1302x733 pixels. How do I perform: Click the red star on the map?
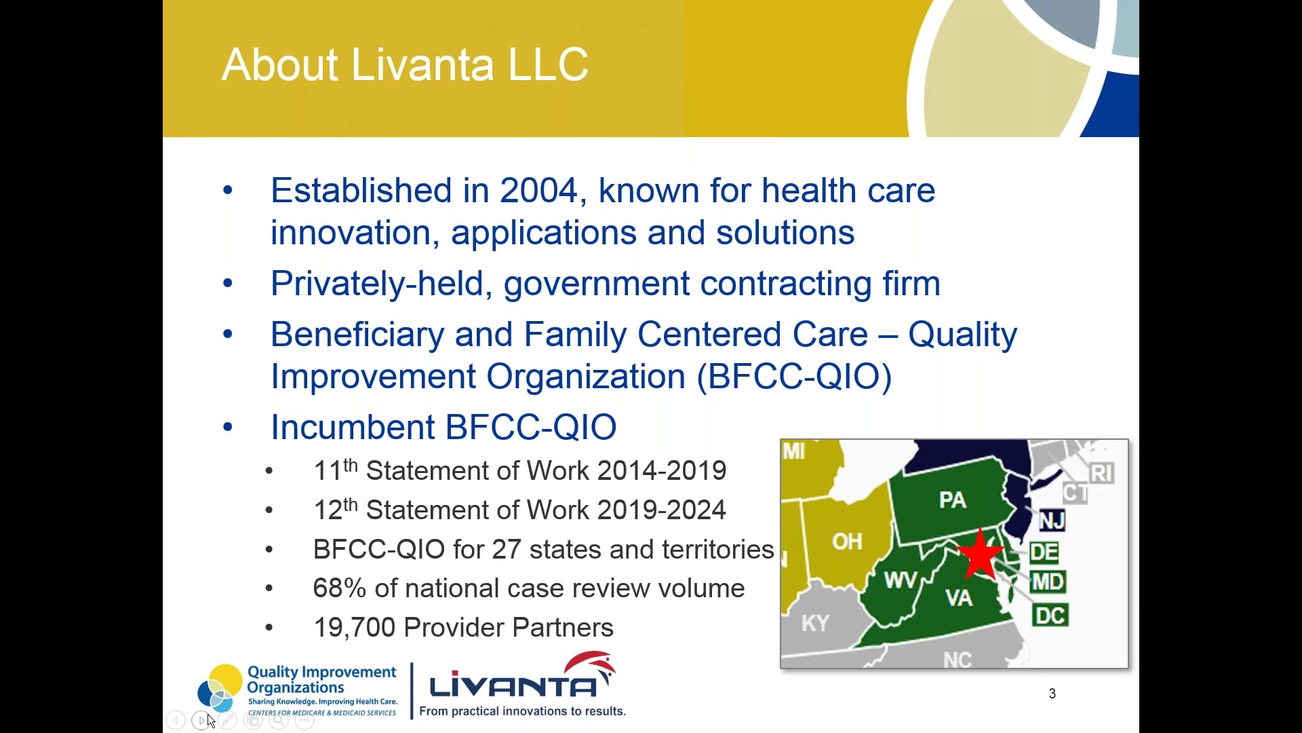pyautogui.click(x=981, y=555)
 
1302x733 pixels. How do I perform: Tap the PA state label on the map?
pyautogui.click(x=952, y=500)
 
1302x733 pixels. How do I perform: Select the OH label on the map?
pyautogui.click(x=847, y=542)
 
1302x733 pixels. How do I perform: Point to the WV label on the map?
pyautogui.click(x=900, y=580)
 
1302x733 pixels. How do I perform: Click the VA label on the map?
pyautogui.click(x=959, y=598)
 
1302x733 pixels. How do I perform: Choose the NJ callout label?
pyautogui.click(x=1052, y=521)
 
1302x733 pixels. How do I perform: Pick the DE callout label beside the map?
pyautogui.click(x=1044, y=552)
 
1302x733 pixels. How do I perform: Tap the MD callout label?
pyautogui.click(x=1048, y=582)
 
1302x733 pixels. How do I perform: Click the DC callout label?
pyautogui.click(x=1050, y=616)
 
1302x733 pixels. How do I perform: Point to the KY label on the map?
pyautogui.click(x=814, y=623)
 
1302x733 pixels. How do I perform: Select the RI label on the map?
pyautogui.click(x=1101, y=473)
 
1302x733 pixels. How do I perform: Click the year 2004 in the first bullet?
pyautogui.click(x=538, y=191)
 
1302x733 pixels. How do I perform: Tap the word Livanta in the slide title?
pyautogui.click(x=422, y=65)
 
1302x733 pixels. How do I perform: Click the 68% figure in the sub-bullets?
pyautogui.click(x=339, y=588)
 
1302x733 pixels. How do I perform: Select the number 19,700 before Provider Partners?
pyautogui.click(x=354, y=628)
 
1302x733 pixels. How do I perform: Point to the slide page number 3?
pyautogui.click(x=1052, y=694)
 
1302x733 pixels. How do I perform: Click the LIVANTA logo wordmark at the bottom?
pyautogui.click(x=513, y=686)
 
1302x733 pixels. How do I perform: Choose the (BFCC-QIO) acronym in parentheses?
pyautogui.click(x=794, y=377)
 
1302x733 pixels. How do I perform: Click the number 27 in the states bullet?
pyautogui.click(x=506, y=550)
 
